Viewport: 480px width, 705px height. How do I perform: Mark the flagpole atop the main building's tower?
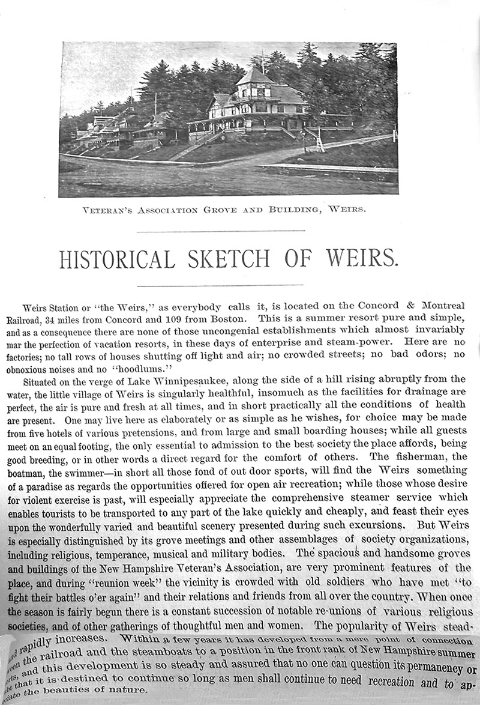click(262, 60)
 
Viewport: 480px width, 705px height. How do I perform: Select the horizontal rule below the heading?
click(220, 285)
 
